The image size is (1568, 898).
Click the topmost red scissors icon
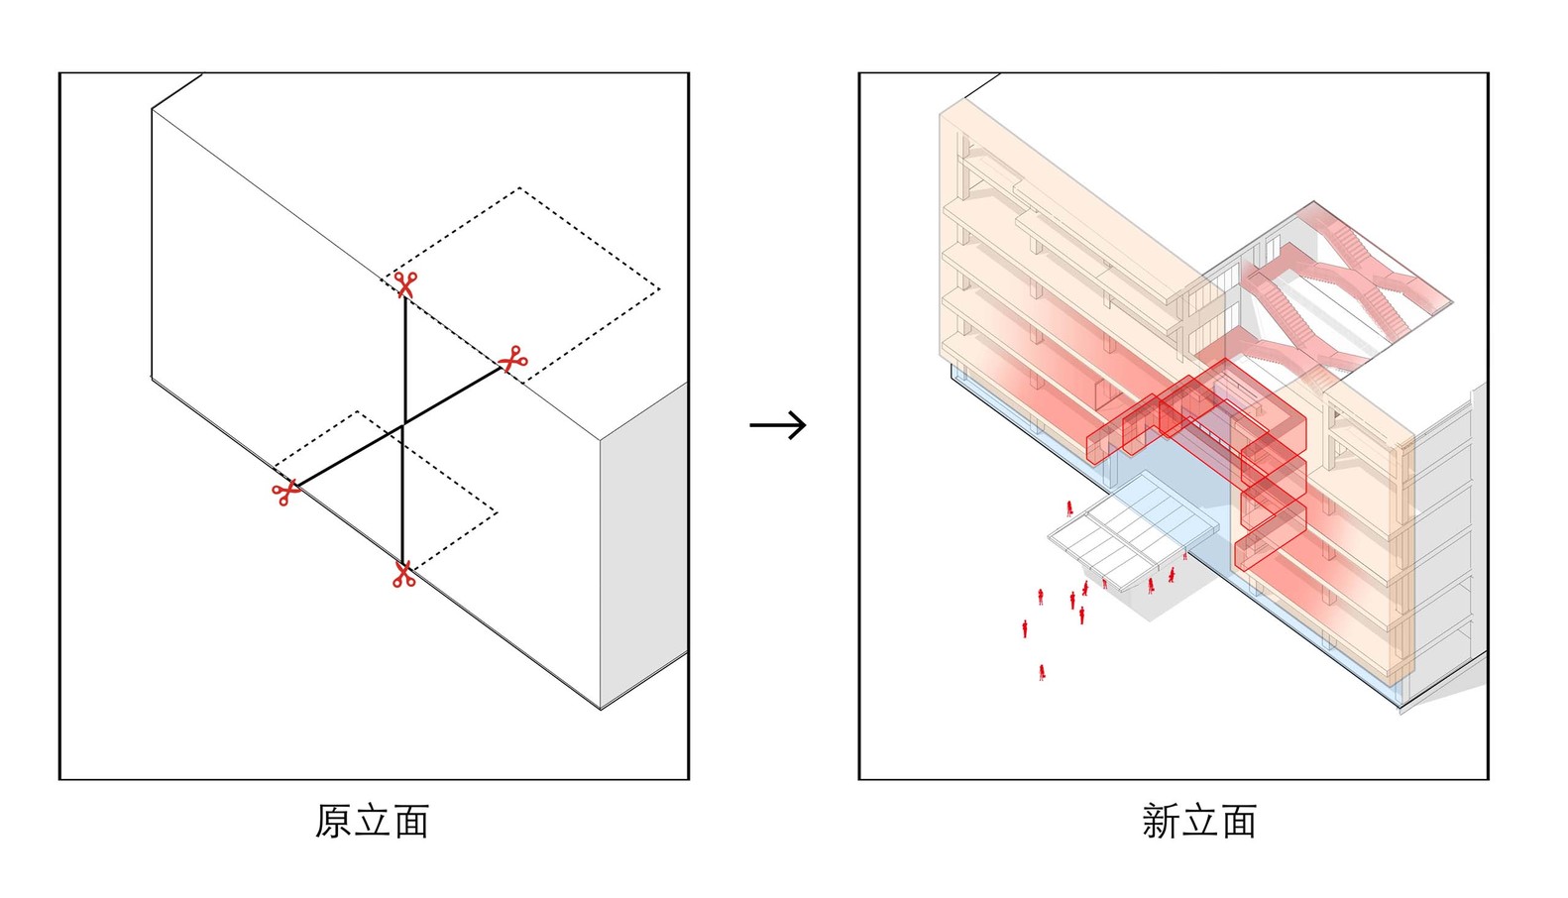click(x=404, y=284)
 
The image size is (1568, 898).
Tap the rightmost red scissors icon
click(x=511, y=359)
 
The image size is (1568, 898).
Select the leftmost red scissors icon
click(x=286, y=493)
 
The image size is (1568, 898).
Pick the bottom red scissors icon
click(x=402, y=575)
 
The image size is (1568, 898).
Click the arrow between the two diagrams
click(x=778, y=425)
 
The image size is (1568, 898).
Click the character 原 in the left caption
click(x=334, y=822)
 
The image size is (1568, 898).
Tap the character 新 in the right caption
click(x=1160, y=822)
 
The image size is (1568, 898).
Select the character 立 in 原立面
click(x=373, y=822)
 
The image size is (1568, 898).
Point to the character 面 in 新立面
click(x=1238, y=822)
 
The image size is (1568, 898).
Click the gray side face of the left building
click(x=644, y=545)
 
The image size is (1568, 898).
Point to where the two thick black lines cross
click(x=403, y=426)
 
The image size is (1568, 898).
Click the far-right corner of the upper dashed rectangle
click(x=659, y=289)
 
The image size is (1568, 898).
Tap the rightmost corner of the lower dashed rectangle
click(x=497, y=513)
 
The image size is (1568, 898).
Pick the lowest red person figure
click(x=1042, y=672)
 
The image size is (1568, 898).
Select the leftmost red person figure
click(x=1025, y=628)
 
